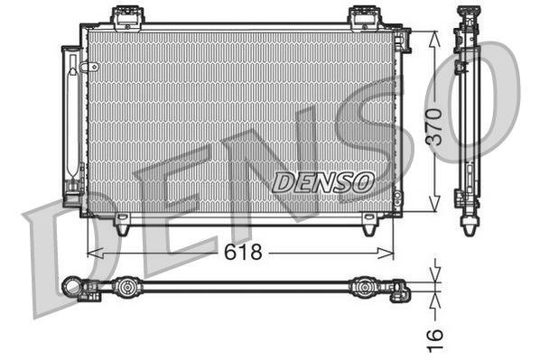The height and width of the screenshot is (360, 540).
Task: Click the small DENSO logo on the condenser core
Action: pyautogui.click(x=322, y=180)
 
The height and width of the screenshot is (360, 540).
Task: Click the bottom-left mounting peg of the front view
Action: pyautogui.click(x=121, y=226)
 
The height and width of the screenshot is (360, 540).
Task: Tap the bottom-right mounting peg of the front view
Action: pyautogui.click(x=369, y=226)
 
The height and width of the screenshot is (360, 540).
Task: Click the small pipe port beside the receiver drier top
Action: pyautogui.click(x=87, y=68)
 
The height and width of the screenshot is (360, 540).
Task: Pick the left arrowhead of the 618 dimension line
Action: pyautogui.click(x=90, y=254)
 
